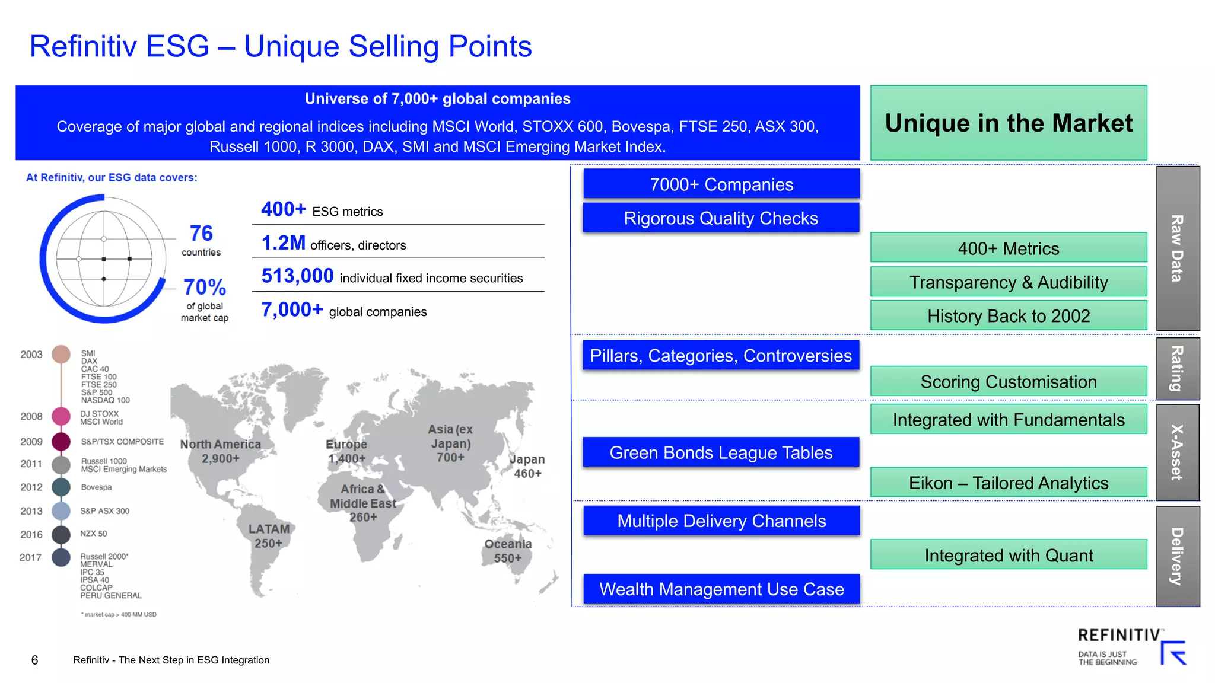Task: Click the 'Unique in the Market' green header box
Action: tap(1008, 123)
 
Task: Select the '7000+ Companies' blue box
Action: tap(721, 184)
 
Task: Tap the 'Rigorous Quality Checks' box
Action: tap(721, 218)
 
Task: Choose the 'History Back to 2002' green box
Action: tap(1008, 316)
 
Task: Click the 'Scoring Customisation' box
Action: tap(1008, 382)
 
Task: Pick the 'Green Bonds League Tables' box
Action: tap(721, 453)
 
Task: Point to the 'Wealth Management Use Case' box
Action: tap(721, 589)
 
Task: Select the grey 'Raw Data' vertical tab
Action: tap(1178, 248)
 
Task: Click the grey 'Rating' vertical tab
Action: tap(1178, 369)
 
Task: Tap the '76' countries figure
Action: tap(201, 234)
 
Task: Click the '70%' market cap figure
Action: tap(205, 288)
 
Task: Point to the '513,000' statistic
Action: tap(298, 276)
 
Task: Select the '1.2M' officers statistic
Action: tap(284, 243)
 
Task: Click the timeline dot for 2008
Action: tap(61, 416)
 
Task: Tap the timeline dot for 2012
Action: tap(61, 487)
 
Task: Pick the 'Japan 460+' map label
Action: tap(527, 466)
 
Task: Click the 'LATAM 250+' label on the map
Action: tap(269, 536)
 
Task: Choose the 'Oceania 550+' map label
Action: tap(508, 551)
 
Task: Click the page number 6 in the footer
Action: tap(34, 660)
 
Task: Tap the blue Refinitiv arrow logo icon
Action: tap(1173, 653)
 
